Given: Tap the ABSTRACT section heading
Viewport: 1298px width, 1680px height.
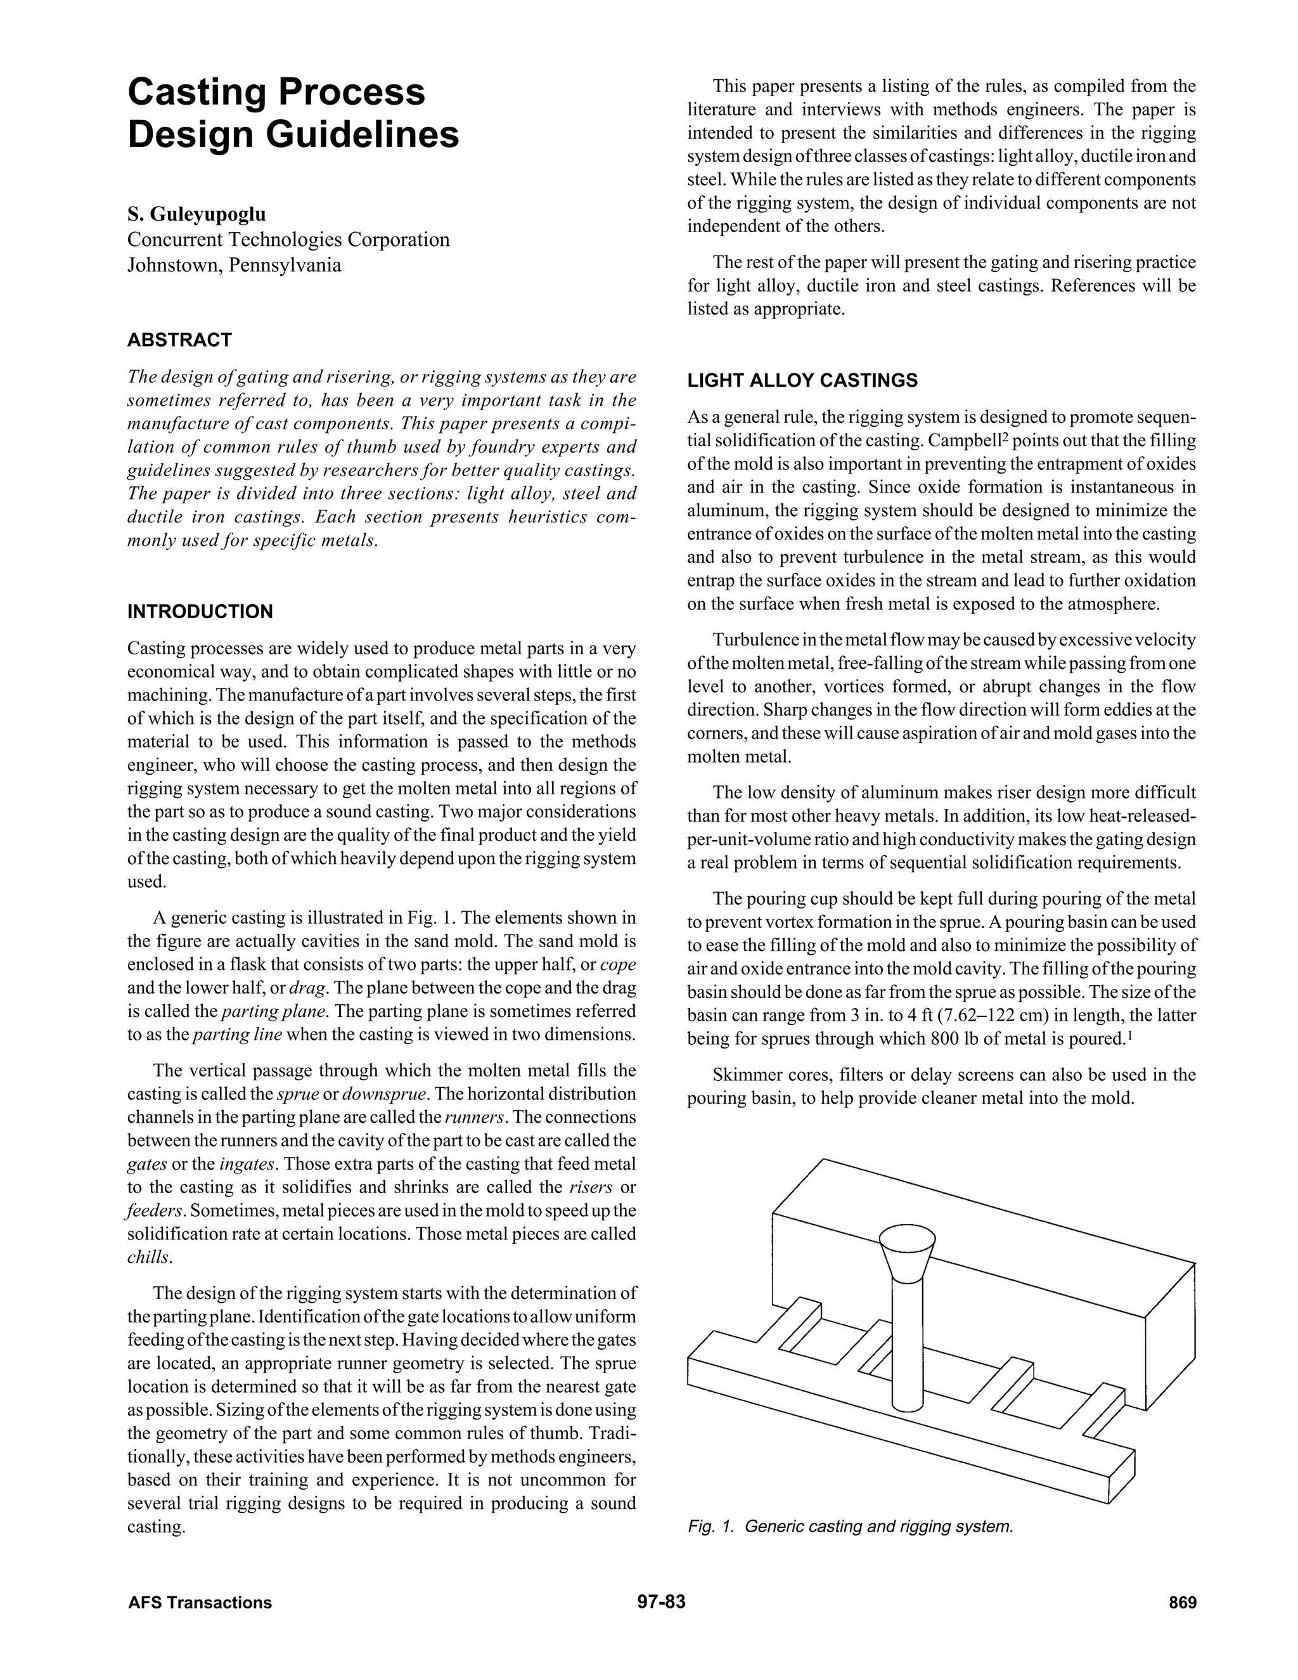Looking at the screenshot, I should click(x=179, y=340).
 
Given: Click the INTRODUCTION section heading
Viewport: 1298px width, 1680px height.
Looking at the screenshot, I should click(x=200, y=612).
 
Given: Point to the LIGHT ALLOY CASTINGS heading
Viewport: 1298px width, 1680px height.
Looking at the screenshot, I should click(x=802, y=381).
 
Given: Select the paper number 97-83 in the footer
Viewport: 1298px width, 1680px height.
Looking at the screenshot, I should click(x=660, y=1602).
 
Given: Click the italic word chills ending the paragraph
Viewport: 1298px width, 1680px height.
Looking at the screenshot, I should click(x=149, y=1258).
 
